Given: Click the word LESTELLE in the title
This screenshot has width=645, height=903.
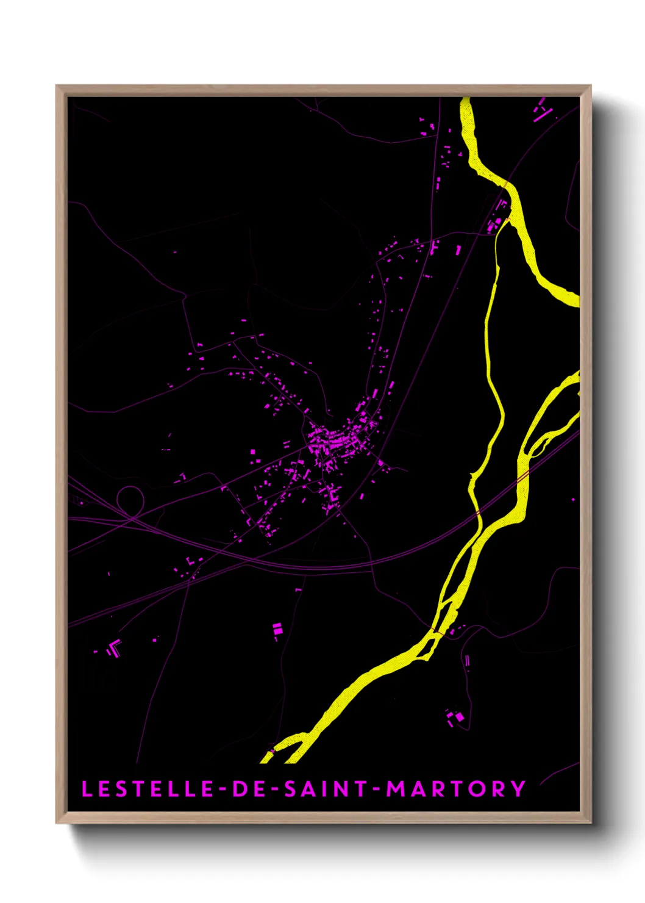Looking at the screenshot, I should click(x=147, y=789).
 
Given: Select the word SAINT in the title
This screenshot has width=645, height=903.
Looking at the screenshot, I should click(x=325, y=789).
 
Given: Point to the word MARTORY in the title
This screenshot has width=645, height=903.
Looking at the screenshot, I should click(x=456, y=789).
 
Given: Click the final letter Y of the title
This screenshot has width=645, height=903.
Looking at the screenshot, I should click(x=518, y=789).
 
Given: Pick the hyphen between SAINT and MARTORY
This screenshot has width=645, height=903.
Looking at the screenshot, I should click(x=376, y=790).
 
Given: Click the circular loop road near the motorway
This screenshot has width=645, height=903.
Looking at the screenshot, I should click(x=129, y=499).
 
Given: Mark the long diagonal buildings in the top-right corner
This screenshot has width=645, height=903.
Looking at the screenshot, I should click(x=541, y=110).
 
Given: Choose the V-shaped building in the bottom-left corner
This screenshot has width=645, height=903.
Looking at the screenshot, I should click(x=113, y=648).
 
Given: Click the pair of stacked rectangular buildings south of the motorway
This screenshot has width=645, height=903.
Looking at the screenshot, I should click(x=277, y=629).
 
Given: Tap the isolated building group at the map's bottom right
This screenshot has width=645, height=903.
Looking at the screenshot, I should click(x=456, y=718).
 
